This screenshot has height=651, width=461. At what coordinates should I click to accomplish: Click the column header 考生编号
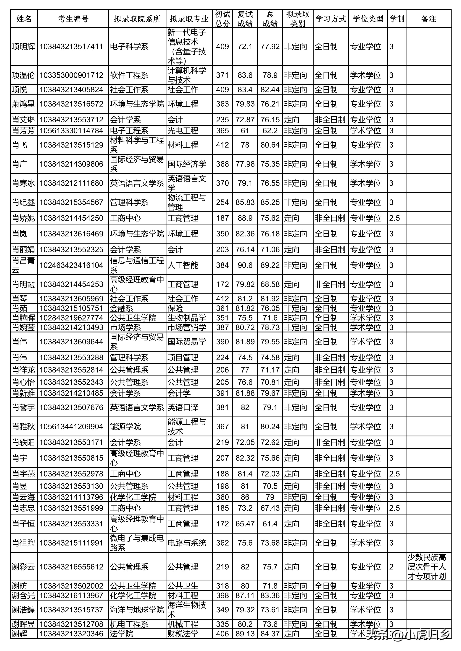click(x=73, y=19)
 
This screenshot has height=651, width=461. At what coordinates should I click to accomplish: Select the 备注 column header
click(x=428, y=19)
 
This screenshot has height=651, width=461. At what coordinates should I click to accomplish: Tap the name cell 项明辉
click(x=24, y=46)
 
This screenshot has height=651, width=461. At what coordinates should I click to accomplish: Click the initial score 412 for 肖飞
click(x=222, y=145)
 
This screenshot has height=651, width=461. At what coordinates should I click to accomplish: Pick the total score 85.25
click(x=270, y=202)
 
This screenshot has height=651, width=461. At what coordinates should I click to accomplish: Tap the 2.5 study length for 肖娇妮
click(x=395, y=218)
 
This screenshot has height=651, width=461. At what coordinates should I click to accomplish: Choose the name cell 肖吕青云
click(x=24, y=265)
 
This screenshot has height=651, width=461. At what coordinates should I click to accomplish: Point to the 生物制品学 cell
click(x=186, y=318)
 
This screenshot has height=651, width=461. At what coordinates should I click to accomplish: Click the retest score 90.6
click(x=245, y=265)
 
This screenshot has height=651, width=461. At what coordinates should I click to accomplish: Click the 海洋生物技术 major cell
click(x=186, y=610)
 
